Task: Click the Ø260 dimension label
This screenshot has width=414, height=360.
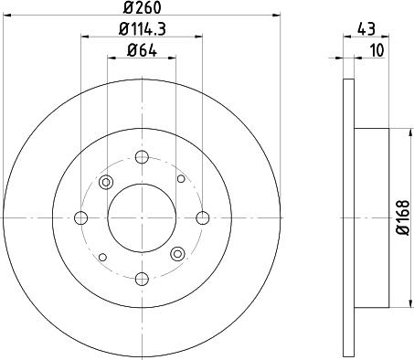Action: click(x=142, y=7)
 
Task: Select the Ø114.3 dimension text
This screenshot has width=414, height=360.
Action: click(x=142, y=29)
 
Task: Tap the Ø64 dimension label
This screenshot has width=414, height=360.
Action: click(x=142, y=50)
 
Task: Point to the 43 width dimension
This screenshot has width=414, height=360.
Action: click(x=366, y=29)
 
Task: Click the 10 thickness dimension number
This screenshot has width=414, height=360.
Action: click(x=377, y=50)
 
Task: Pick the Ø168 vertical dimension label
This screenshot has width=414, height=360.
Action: click(x=402, y=217)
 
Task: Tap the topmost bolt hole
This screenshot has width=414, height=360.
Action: click(x=142, y=157)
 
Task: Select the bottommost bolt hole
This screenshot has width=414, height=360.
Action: click(x=142, y=279)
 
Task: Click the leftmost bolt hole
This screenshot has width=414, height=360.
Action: click(x=81, y=217)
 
